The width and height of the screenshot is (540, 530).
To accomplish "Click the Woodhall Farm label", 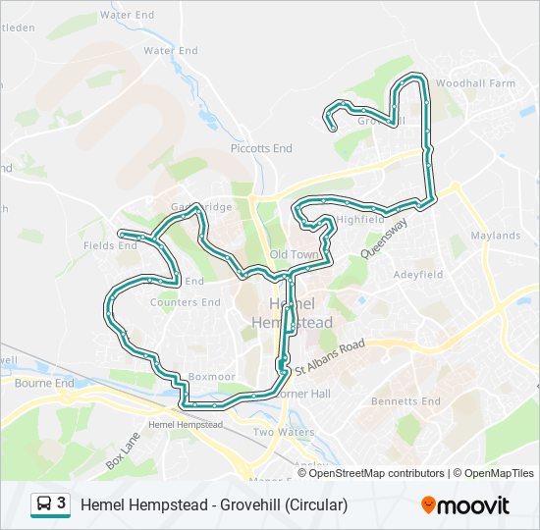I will click(x=475, y=83).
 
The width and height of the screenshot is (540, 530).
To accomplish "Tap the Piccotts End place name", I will click(x=261, y=148).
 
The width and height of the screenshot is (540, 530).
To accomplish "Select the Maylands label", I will click(x=495, y=236).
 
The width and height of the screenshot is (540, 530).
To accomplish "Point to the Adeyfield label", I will click(x=418, y=275).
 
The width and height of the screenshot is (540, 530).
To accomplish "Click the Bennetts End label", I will click(x=406, y=401).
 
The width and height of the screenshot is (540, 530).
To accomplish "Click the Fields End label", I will click(x=111, y=245).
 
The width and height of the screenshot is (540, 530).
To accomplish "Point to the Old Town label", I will click(x=295, y=254).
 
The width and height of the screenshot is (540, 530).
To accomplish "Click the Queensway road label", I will click(x=383, y=236).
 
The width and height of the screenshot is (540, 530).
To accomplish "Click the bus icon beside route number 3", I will click(x=44, y=504).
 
